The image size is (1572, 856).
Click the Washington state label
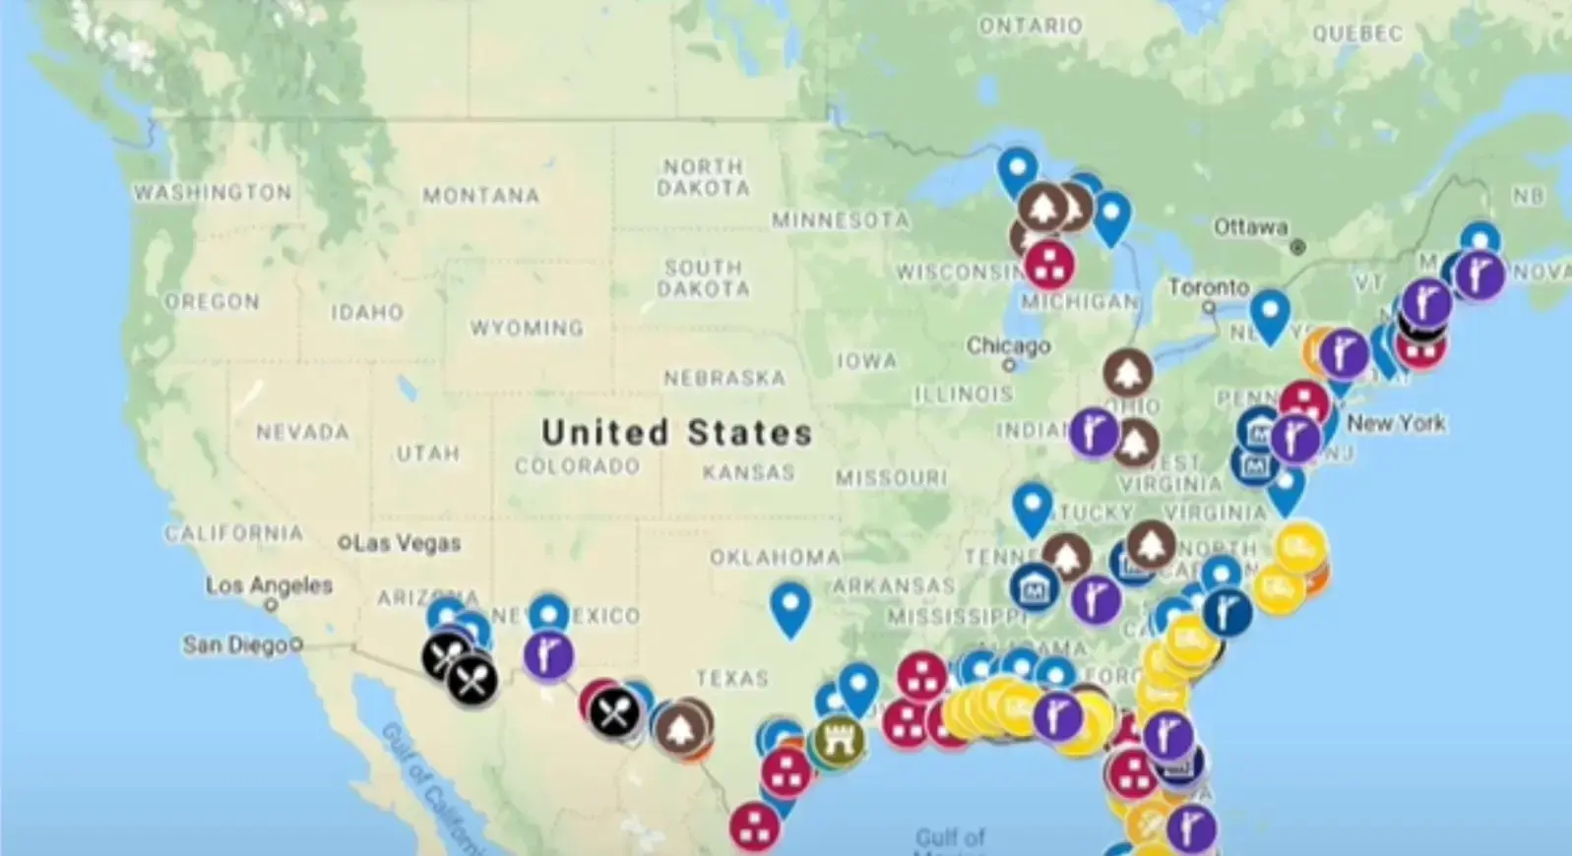coord(213,192)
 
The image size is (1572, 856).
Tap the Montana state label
coord(481,196)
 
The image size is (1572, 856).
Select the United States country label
coord(676,432)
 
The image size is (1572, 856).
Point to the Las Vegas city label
coord(406,542)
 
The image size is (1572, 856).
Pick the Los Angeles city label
coord(269,585)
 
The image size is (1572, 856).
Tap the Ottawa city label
coord(1250,227)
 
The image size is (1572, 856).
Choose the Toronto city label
coord(1208,287)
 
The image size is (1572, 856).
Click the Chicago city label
coord(1008,345)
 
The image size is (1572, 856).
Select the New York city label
coord(1396,423)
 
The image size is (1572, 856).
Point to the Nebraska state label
coord(724,378)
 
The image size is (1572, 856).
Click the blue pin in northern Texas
coord(789,606)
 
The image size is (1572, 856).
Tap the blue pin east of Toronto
coord(1270,314)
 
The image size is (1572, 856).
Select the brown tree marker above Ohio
coord(1127,373)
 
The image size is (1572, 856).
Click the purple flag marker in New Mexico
coord(548,655)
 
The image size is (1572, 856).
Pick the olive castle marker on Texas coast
coord(839,742)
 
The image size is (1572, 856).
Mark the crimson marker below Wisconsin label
coord(1048,262)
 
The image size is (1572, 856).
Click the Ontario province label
coord(1030,27)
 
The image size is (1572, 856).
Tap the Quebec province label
coord(1357,34)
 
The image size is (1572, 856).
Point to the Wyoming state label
coord(527,328)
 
